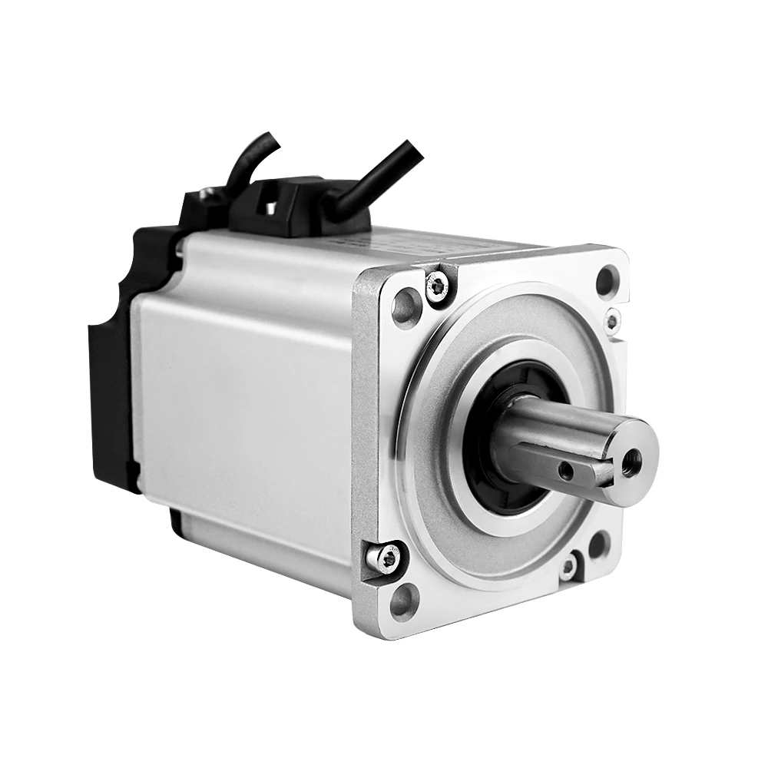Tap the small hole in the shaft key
[x=566, y=469]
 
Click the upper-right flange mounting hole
[x=607, y=280]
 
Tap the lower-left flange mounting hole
[x=405, y=600]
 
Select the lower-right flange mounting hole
[x=598, y=545]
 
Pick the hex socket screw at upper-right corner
[x=612, y=320]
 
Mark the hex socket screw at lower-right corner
[x=568, y=568]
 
